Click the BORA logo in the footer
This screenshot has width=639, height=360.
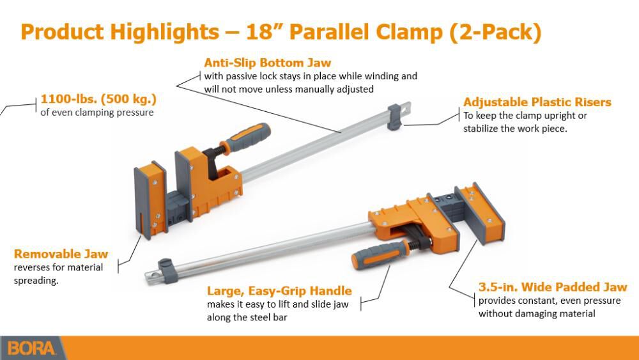click(x=33, y=348)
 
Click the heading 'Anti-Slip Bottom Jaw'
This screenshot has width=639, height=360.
click(x=267, y=63)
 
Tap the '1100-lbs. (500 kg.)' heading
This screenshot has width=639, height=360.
click(x=98, y=100)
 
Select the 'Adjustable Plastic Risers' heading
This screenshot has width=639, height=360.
click(x=537, y=102)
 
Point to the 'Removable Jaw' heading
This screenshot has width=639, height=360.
click(x=61, y=254)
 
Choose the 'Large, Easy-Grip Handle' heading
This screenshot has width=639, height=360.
click(x=279, y=291)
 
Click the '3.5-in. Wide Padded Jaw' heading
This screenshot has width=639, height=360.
click(x=553, y=287)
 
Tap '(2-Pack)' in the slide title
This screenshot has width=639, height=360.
click(x=495, y=32)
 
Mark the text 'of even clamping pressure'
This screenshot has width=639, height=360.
click(x=97, y=113)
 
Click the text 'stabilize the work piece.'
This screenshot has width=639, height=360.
click(x=515, y=129)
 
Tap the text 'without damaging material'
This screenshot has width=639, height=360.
click(x=537, y=313)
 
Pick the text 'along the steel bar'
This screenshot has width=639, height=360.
click(x=246, y=317)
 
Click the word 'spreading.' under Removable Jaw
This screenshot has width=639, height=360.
click(x=36, y=280)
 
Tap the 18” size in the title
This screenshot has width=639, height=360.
click(x=299, y=32)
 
